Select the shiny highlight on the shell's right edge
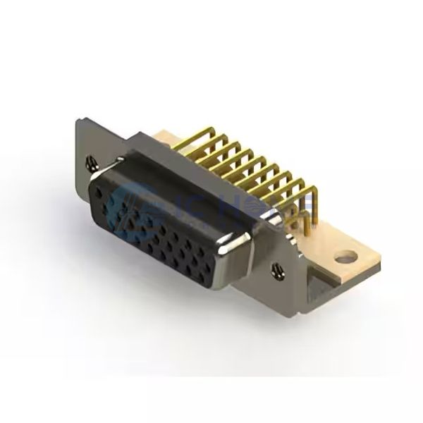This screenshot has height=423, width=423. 224,248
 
